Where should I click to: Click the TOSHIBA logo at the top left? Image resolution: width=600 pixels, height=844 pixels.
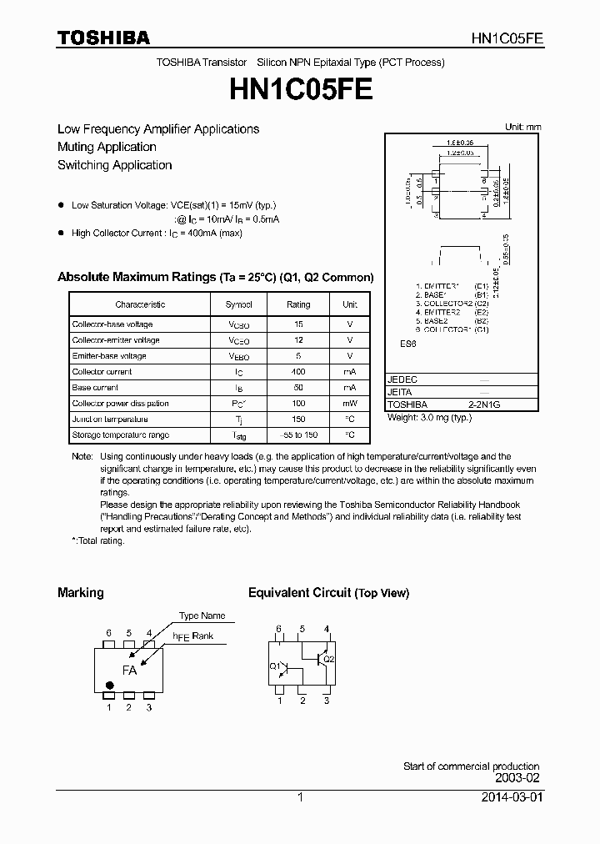coord(103,38)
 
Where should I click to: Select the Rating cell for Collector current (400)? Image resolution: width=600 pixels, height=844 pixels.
coord(298,372)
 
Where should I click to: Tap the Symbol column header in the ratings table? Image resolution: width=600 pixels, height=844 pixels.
coord(238,304)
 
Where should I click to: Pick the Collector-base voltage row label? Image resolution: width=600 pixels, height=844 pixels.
coord(112,324)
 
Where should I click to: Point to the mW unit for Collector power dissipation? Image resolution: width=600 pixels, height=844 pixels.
coord(350,404)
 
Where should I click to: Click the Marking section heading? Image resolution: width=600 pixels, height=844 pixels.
coord(80,593)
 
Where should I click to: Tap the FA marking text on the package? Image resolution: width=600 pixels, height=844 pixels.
coord(129,670)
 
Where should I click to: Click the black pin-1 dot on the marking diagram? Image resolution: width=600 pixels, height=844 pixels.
coord(109,686)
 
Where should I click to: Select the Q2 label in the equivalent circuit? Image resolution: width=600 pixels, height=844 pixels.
coord(328,659)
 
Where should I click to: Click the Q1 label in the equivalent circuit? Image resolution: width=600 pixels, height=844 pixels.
coord(275,666)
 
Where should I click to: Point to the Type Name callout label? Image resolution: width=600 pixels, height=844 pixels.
coord(202,615)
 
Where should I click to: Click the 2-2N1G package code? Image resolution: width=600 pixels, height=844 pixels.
coord(484,404)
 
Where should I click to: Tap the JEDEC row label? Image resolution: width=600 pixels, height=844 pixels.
coord(402,379)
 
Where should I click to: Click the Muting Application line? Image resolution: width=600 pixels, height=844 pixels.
coord(107,147)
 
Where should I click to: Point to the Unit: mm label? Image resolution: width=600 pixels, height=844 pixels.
coord(522,127)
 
